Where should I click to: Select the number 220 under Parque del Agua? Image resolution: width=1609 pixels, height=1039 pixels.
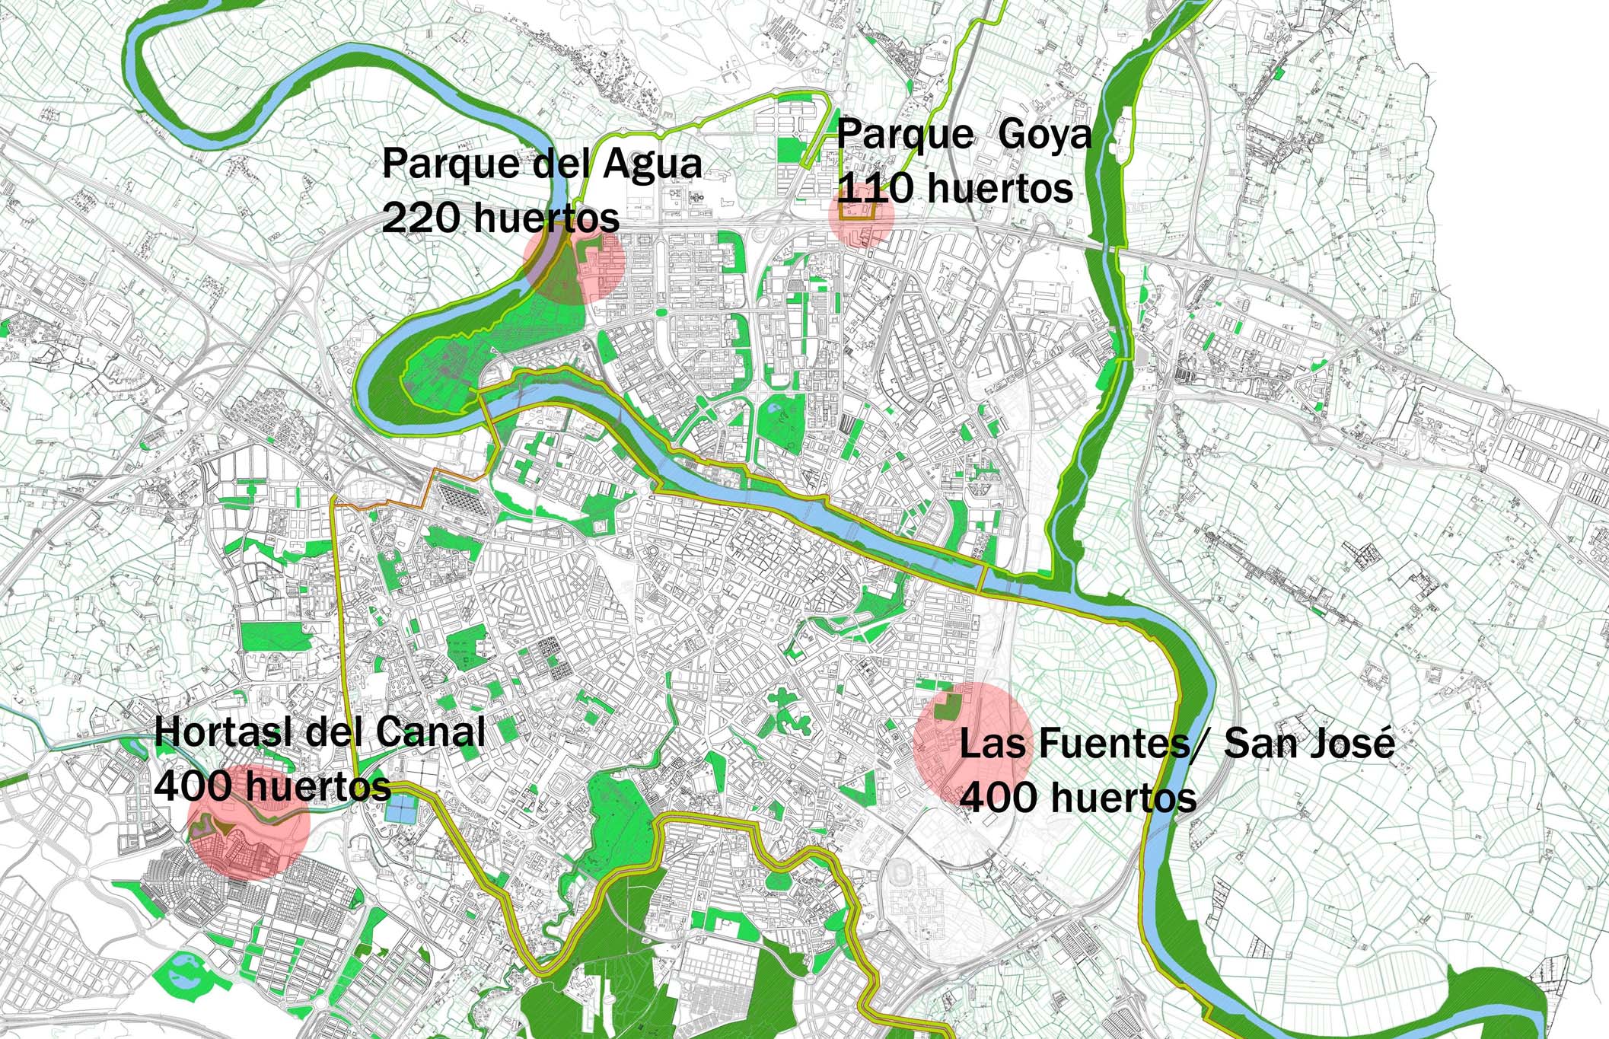coord(419,219)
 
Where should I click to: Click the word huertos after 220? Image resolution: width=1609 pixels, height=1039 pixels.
coord(546,219)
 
